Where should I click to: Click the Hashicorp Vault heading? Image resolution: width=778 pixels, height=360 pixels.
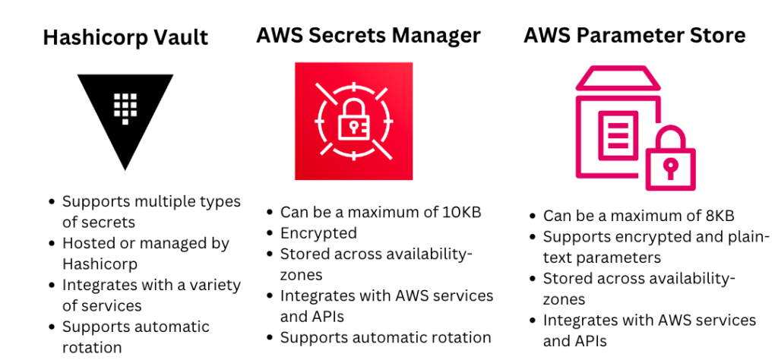(x=126, y=38)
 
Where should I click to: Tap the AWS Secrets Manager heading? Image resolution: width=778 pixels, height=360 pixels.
(x=368, y=35)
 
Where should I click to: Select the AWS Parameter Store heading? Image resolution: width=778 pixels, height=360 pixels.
(x=634, y=35)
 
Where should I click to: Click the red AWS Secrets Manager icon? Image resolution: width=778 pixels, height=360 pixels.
(x=353, y=121)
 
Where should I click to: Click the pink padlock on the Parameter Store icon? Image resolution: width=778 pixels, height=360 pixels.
(x=669, y=159)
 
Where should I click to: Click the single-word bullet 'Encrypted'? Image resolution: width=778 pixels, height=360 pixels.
(x=318, y=233)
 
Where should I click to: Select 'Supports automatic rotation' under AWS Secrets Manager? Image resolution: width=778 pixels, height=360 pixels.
(x=385, y=337)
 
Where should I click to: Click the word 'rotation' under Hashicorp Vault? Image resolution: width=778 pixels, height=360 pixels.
(x=92, y=348)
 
